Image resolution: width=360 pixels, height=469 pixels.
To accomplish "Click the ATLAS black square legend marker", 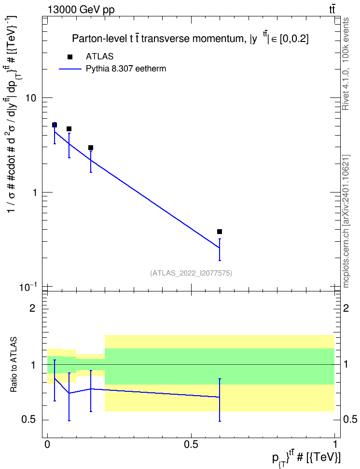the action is coord(70,57).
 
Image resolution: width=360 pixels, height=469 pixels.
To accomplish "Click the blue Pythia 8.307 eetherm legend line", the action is coord(70,69).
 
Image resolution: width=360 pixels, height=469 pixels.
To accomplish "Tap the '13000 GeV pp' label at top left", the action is coord(81,10).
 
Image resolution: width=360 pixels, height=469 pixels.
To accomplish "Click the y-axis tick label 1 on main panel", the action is coord(34,193).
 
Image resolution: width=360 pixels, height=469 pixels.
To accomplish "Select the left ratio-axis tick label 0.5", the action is coord(29,420).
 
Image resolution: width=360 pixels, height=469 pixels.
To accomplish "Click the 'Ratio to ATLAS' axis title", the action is coord(14,365).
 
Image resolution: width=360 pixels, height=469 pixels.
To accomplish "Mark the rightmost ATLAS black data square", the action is coord(220,232).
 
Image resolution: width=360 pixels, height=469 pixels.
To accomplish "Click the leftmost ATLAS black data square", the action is coord(55,125).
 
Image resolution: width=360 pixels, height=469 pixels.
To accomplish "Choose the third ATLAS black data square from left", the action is coord(91,148).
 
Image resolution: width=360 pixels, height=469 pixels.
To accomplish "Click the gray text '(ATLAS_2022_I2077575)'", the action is coord(191,273).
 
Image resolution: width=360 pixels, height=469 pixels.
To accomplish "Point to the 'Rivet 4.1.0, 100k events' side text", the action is coord(346,64).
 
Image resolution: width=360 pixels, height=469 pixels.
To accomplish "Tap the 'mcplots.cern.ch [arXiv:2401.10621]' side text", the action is coord(346,221).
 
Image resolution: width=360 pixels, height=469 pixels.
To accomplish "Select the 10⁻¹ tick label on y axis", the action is coord(28,287).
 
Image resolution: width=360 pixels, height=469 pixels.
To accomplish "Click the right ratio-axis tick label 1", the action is coord(346,365).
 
